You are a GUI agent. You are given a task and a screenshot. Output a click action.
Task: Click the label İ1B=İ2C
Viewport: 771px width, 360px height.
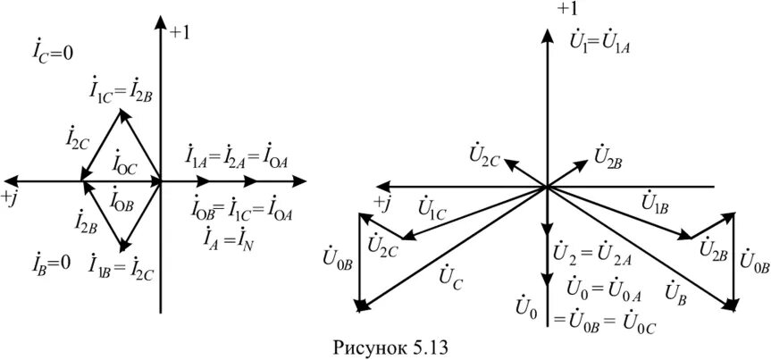(x=122, y=265)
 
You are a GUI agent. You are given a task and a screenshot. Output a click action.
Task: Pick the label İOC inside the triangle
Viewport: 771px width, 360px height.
(x=125, y=164)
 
